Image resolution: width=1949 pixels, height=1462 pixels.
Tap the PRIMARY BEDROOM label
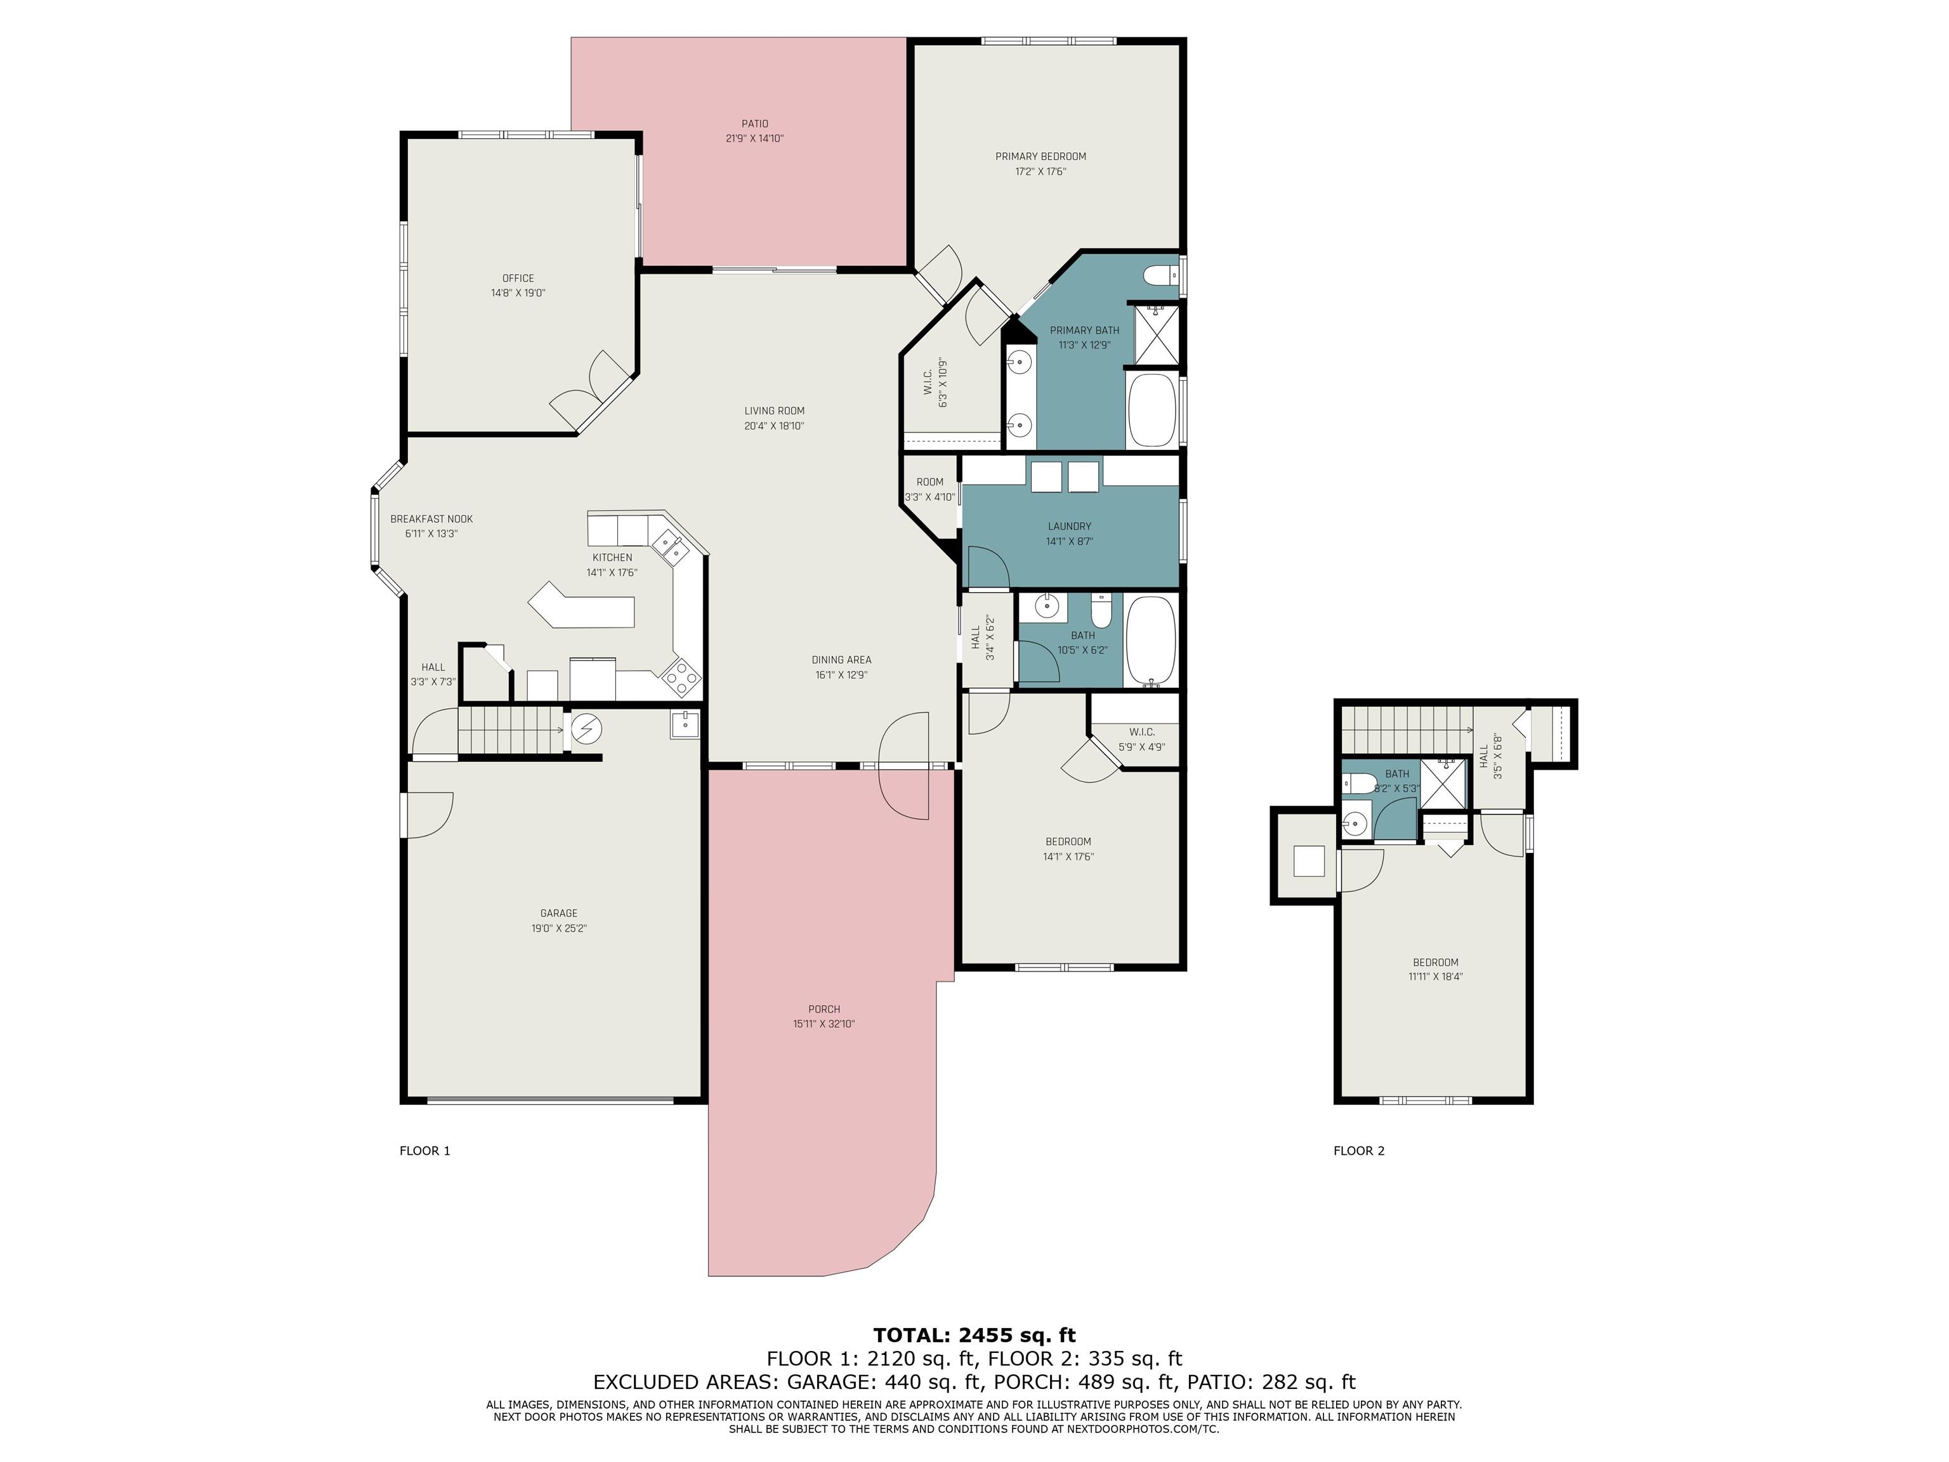tap(1040, 157)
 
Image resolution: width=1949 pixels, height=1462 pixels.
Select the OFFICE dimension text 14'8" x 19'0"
tap(518, 293)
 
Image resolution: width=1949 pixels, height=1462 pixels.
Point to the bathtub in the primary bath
tap(1152, 411)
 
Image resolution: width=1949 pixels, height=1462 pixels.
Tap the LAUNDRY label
tap(1070, 527)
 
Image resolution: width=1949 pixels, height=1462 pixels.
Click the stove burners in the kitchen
tap(681, 676)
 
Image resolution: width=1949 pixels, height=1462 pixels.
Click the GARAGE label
tap(558, 914)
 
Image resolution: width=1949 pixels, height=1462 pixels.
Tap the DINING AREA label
tap(841, 660)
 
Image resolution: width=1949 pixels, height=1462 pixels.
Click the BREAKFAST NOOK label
tap(432, 520)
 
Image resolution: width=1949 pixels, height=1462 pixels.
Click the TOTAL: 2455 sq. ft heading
tap(974, 1335)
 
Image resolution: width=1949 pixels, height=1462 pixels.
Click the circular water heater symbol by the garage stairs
tap(586, 729)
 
